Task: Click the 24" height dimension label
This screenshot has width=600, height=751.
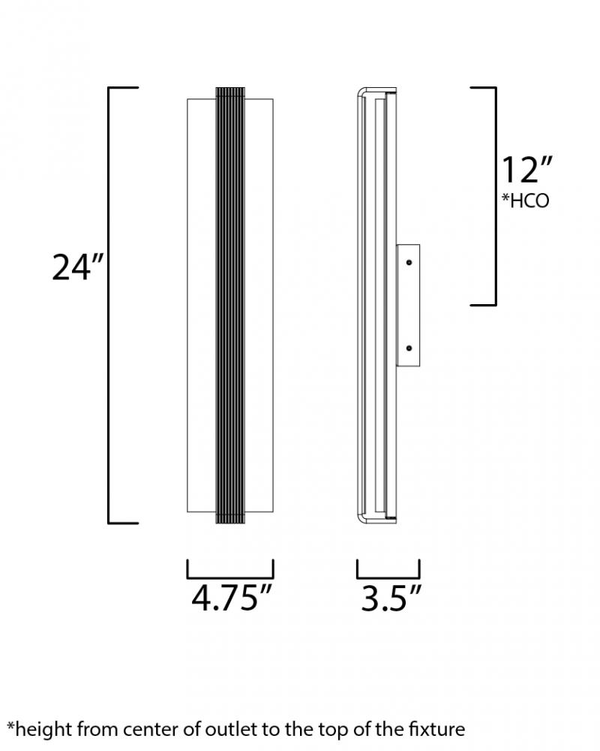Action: click(77, 267)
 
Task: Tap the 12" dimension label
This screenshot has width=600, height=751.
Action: click(526, 170)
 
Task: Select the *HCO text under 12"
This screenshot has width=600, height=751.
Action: click(525, 201)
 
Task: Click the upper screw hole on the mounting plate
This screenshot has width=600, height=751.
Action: click(409, 262)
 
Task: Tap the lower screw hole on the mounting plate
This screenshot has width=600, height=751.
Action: click(409, 348)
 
